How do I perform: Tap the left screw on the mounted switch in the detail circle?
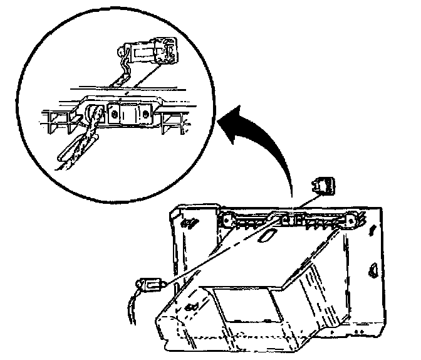click(x=115, y=114)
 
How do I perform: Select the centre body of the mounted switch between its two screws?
click(x=130, y=115)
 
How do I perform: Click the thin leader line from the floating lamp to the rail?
click(x=307, y=202)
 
